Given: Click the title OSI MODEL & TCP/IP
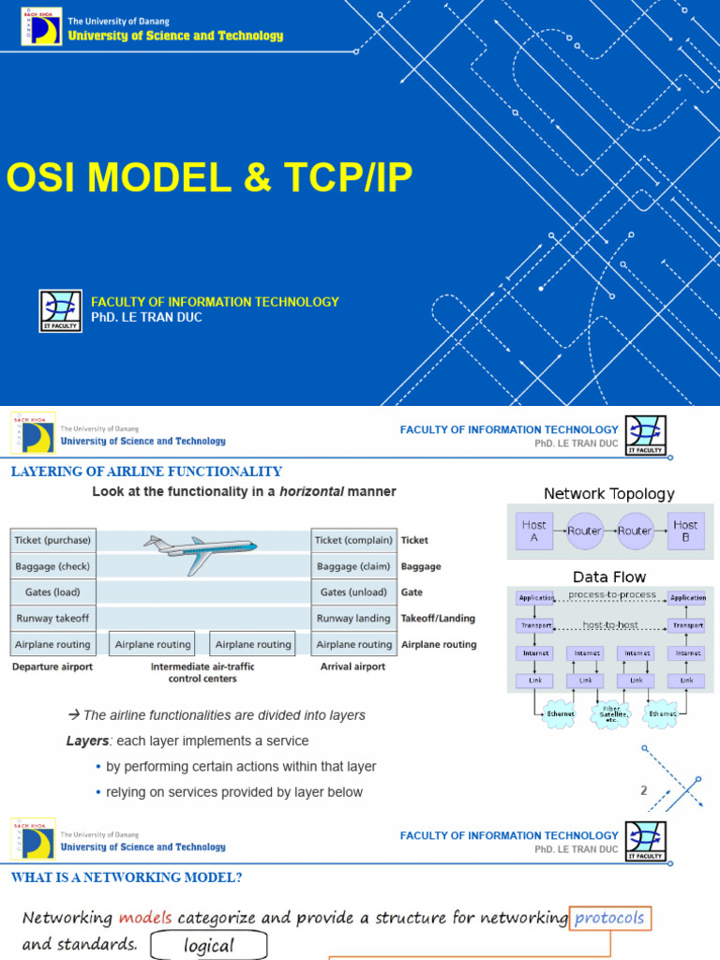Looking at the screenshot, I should [210, 178].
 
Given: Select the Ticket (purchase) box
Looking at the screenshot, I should [53, 540].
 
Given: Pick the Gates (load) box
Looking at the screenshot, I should [53, 592].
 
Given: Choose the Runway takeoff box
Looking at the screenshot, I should [53, 619].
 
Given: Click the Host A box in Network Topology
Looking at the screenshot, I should [534, 531].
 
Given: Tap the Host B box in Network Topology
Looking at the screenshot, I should [685, 531].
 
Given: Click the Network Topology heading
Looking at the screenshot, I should [608, 494].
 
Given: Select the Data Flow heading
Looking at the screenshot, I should [609, 577].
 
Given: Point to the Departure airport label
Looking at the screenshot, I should [52, 667].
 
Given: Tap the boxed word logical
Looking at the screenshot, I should [209, 945].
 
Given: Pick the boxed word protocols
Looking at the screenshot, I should [610, 918].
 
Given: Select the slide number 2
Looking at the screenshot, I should [644, 790].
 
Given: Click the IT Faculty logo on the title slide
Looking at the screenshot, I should [60, 311].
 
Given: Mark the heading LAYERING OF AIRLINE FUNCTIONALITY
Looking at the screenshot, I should [146, 472].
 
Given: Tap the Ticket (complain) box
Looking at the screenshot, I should [353, 540].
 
